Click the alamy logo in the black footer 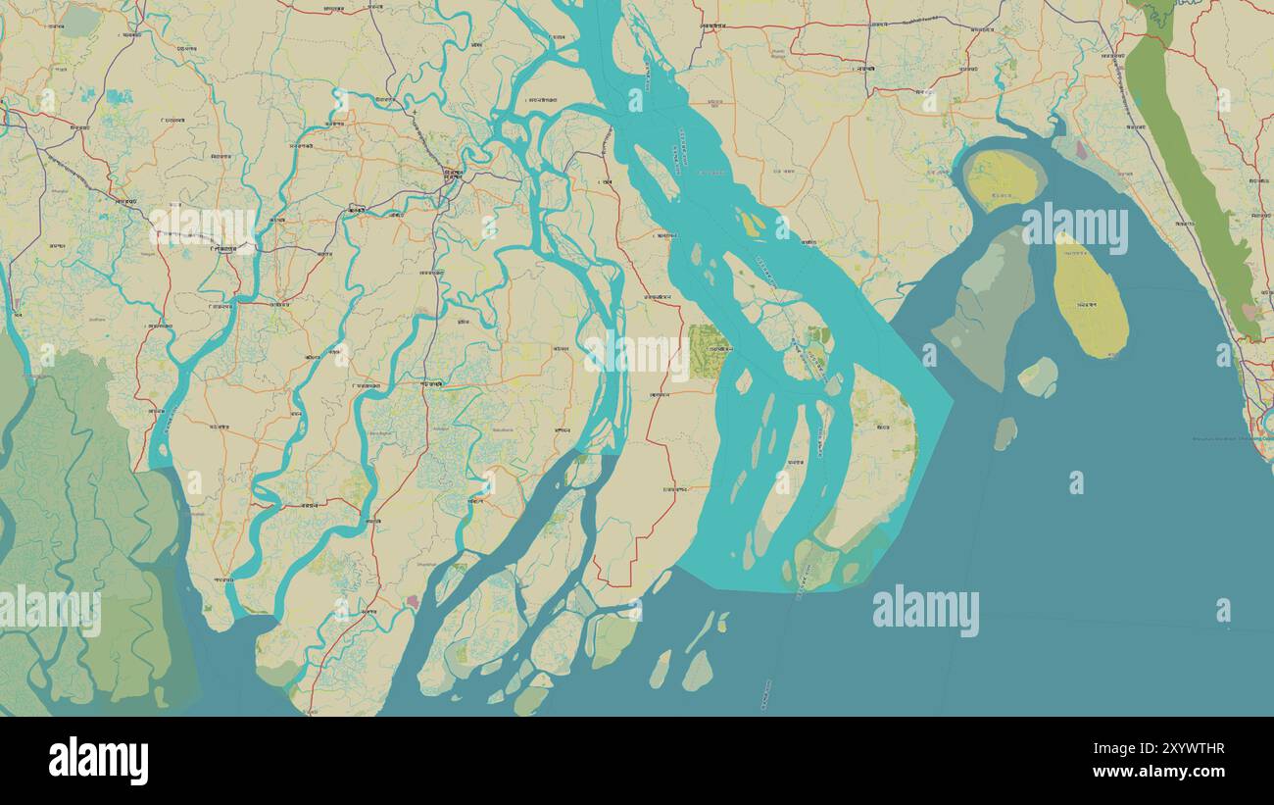99,761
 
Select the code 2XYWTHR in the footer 1180,750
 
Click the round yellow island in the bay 1003,179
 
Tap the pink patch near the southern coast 413,600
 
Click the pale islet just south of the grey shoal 1038,377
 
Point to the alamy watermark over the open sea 925,610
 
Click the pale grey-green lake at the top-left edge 80,21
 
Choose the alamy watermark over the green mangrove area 49,610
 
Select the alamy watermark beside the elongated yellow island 1074,227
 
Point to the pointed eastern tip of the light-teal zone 951,401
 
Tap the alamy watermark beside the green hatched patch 637,354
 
